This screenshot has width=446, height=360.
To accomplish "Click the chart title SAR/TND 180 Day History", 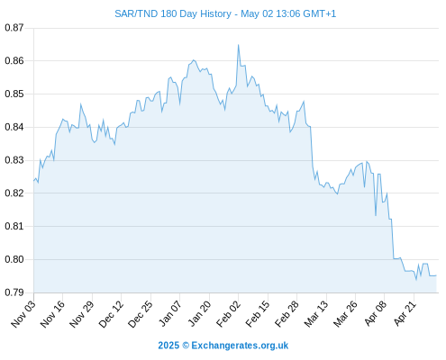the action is click(x=173, y=13).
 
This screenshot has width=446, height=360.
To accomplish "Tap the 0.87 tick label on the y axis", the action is click(x=14, y=28).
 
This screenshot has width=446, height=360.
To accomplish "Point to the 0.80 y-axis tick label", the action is click(x=14, y=259).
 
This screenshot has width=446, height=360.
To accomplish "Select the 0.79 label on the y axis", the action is click(x=14, y=292).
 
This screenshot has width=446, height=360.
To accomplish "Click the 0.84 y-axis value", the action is click(x=14, y=127).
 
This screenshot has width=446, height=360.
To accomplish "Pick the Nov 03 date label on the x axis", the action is click(x=23, y=314).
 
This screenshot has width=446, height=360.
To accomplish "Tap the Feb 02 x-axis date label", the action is click(x=228, y=314).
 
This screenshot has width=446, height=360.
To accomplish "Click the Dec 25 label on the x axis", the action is click(x=141, y=314).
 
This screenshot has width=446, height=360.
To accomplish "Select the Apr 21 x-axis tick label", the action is click(x=405, y=314).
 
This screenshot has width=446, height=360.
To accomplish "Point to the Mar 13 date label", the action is click(x=316, y=314).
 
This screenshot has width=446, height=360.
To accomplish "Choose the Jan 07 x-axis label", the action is click(x=170, y=314).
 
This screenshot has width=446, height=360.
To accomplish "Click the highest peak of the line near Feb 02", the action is click(x=238, y=45).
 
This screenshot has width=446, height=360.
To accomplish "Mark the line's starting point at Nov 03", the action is click(x=34, y=181).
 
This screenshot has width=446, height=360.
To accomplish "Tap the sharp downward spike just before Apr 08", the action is click(x=376, y=215).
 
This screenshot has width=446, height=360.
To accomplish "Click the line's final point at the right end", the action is click(x=436, y=275).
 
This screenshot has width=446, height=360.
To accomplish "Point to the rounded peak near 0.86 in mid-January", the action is click(x=194, y=60).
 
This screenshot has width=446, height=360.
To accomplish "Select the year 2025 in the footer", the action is click(x=168, y=346).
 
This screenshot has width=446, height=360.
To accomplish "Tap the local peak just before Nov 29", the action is click(x=80, y=104).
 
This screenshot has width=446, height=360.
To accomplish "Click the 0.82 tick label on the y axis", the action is click(x=14, y=193).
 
